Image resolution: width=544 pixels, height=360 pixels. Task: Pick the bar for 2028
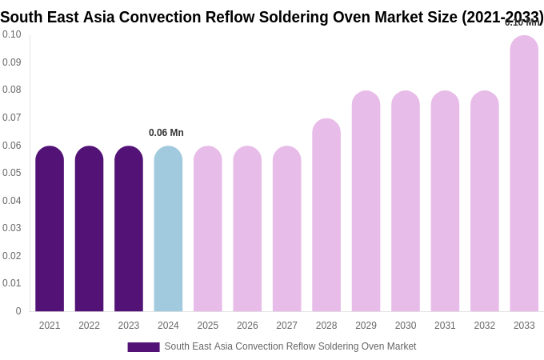pos(326,215)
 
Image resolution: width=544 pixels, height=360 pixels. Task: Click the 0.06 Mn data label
pos(166,133)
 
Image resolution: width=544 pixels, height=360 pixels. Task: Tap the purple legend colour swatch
pos(143,347)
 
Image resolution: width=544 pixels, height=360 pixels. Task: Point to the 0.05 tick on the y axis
pos(12,173)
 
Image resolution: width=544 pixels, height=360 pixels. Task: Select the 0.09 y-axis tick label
pos(12,62)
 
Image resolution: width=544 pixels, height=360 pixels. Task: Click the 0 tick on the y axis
pos(18,311)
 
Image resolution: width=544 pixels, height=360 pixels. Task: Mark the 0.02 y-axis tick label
pos(12,256)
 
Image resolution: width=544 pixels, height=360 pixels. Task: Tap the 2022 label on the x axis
pos(89,326)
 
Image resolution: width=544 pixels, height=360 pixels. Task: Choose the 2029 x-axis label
pos(366,326)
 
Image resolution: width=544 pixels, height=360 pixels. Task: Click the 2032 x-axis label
pos(485,326)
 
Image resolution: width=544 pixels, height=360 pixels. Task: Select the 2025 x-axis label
pos(208,326)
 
